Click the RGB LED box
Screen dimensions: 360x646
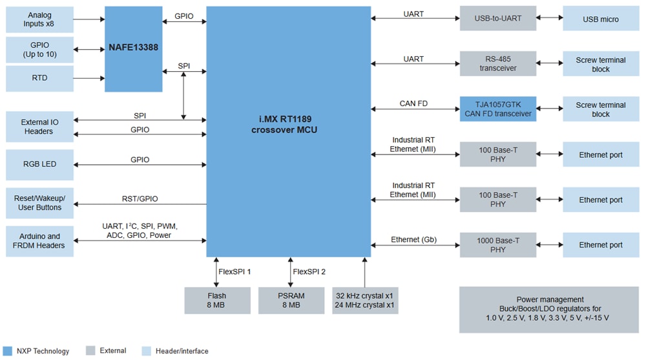click(39, 164)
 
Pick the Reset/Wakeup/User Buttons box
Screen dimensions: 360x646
click(39, 202)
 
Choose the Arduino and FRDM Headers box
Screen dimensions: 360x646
click(39, 240)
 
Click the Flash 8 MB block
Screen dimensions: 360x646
click(217, 301)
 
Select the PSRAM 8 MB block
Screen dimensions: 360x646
click(291, 301)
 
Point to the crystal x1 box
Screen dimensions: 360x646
click(365, 301)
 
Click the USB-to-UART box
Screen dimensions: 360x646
click(497, 19)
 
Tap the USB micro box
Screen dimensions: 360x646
click(600, 19)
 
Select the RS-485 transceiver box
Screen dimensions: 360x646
click(497, 64)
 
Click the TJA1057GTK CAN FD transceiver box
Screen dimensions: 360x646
click(497, 109)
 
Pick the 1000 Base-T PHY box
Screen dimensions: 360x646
click(497, 245)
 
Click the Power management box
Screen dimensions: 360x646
click(548, 310)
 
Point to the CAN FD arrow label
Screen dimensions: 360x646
click(413, 103)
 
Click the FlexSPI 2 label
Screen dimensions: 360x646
click(309, 271)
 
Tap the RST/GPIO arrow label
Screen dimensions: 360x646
click(140, 199)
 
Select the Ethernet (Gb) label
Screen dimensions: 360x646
click(413, 240)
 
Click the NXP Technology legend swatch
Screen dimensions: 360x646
click(7, 351)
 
